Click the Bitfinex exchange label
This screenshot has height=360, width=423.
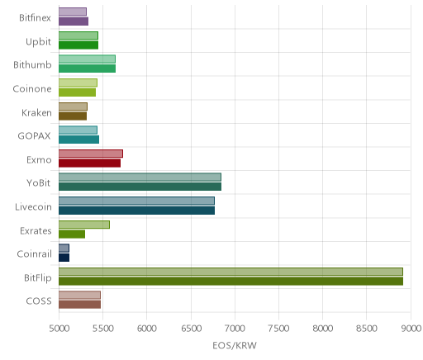tap(35, 18)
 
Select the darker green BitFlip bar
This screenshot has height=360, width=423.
tap(231, 282)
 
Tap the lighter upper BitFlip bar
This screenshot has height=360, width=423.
tap(231, 272)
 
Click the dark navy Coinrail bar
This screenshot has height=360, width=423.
tap(64, 258)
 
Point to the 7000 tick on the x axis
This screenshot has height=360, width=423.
tap(235, 329)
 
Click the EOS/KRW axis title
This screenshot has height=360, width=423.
tap(235, 346)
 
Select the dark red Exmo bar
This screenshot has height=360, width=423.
tap(89, 163)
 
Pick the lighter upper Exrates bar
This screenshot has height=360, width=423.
tap(84, 225)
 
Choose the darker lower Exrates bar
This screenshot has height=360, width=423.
tap(72, 234)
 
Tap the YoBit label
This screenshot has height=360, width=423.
tap(39, 183)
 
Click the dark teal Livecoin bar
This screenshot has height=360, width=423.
tap(136, 211)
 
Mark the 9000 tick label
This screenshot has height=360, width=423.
tap(411, 329)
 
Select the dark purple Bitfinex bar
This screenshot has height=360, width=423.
tap(74, 21)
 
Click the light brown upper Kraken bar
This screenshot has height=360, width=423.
tap(73, 107)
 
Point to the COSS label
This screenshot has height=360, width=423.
tap(39, 301)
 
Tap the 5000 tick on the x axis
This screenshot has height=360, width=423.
tap(59, 329)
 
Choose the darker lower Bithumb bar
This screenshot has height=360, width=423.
tap(87, 69)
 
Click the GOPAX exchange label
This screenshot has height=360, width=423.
tap(35, 136)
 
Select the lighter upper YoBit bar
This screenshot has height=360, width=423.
tap(140, 178)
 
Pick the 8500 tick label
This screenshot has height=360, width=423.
tap(367, 329)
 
